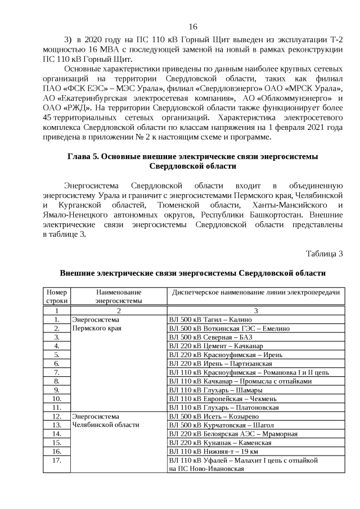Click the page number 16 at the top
tap(193, 27)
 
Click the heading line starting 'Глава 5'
tap(193, 156)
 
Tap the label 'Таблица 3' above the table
tap(324, 253)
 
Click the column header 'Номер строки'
tap(56, 296)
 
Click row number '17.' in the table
tap(56, 460)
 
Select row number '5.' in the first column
tap(56, 354)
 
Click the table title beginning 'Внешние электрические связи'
tap(193, 273)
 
